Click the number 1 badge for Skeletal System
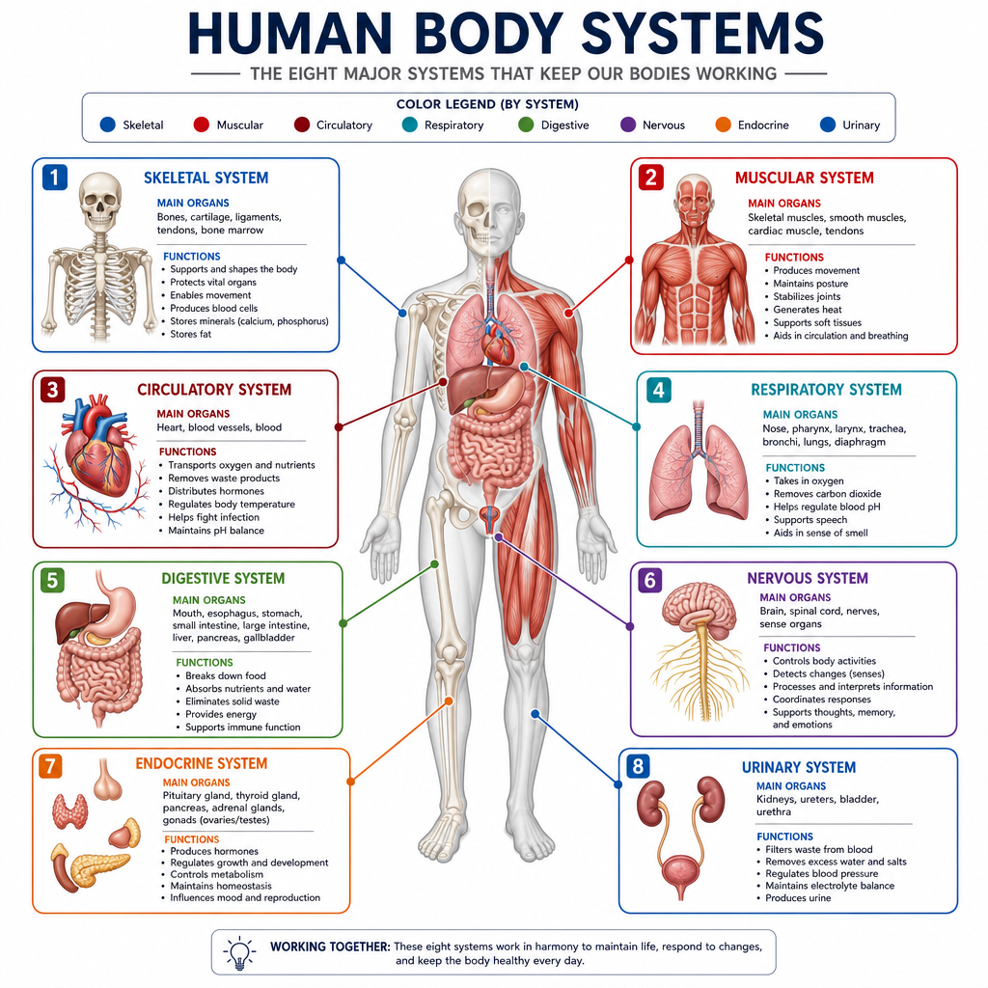coord(55,178)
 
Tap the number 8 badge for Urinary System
coord(638,766)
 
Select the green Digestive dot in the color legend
coord(526,124)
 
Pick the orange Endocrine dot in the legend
coord(723,124)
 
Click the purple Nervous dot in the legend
coord(627,124)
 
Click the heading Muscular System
coord(804,178)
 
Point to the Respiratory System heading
coord(826,390)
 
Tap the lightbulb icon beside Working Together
coord(240,952)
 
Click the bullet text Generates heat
coord(808,310)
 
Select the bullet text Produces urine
coord(798,898)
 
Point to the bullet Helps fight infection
coord(213,517)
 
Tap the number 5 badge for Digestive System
coord(52,580)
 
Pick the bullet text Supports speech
coord(810,520)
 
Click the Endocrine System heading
coord(201,763)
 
